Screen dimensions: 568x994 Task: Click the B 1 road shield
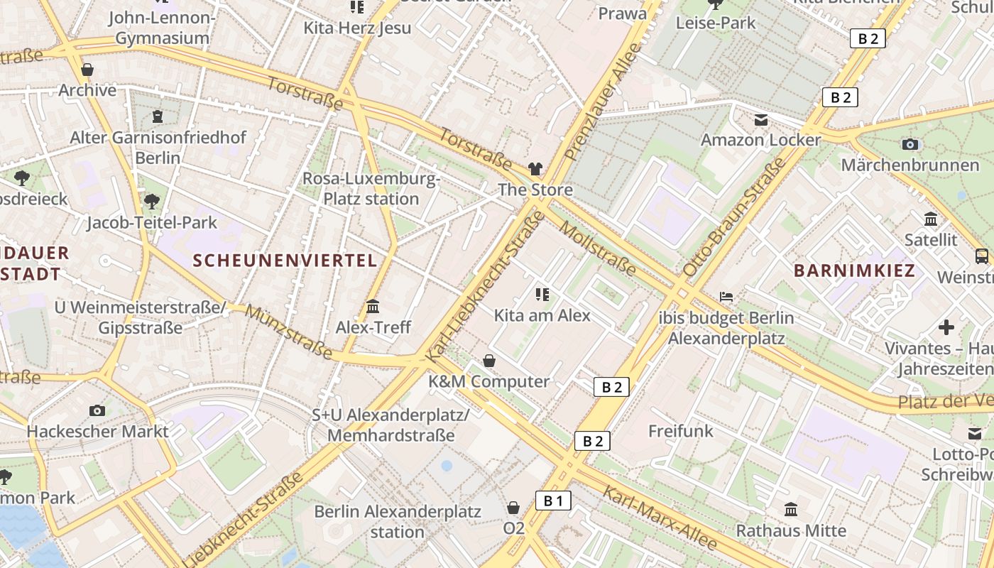coord(553,501)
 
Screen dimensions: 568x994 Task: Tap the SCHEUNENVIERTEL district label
coord(285,260)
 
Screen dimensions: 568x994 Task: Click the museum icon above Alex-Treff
coord(373,307)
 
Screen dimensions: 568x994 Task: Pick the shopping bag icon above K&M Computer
coord(489,361)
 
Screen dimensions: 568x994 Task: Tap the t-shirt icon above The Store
coord(535,169)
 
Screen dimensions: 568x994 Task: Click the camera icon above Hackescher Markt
coord(97,410)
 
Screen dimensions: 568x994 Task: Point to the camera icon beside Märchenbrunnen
coord(910,145)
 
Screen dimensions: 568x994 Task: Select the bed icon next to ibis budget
coord(726,296)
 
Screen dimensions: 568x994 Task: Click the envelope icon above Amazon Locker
coord(761,120)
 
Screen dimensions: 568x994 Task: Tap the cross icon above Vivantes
coord(946,327)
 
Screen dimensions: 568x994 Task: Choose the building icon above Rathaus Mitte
coord(791,509)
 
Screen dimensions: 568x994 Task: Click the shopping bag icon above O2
coord(513,508)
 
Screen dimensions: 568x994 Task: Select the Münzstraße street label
coord(289,332)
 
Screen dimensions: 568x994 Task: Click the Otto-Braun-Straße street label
coord(734,217)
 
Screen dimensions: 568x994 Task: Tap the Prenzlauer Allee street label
coord(603,101)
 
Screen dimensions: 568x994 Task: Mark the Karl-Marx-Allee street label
coord(660,518)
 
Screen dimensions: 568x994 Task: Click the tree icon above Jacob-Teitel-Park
coord(151,202)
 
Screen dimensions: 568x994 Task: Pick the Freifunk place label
coord(681,430)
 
